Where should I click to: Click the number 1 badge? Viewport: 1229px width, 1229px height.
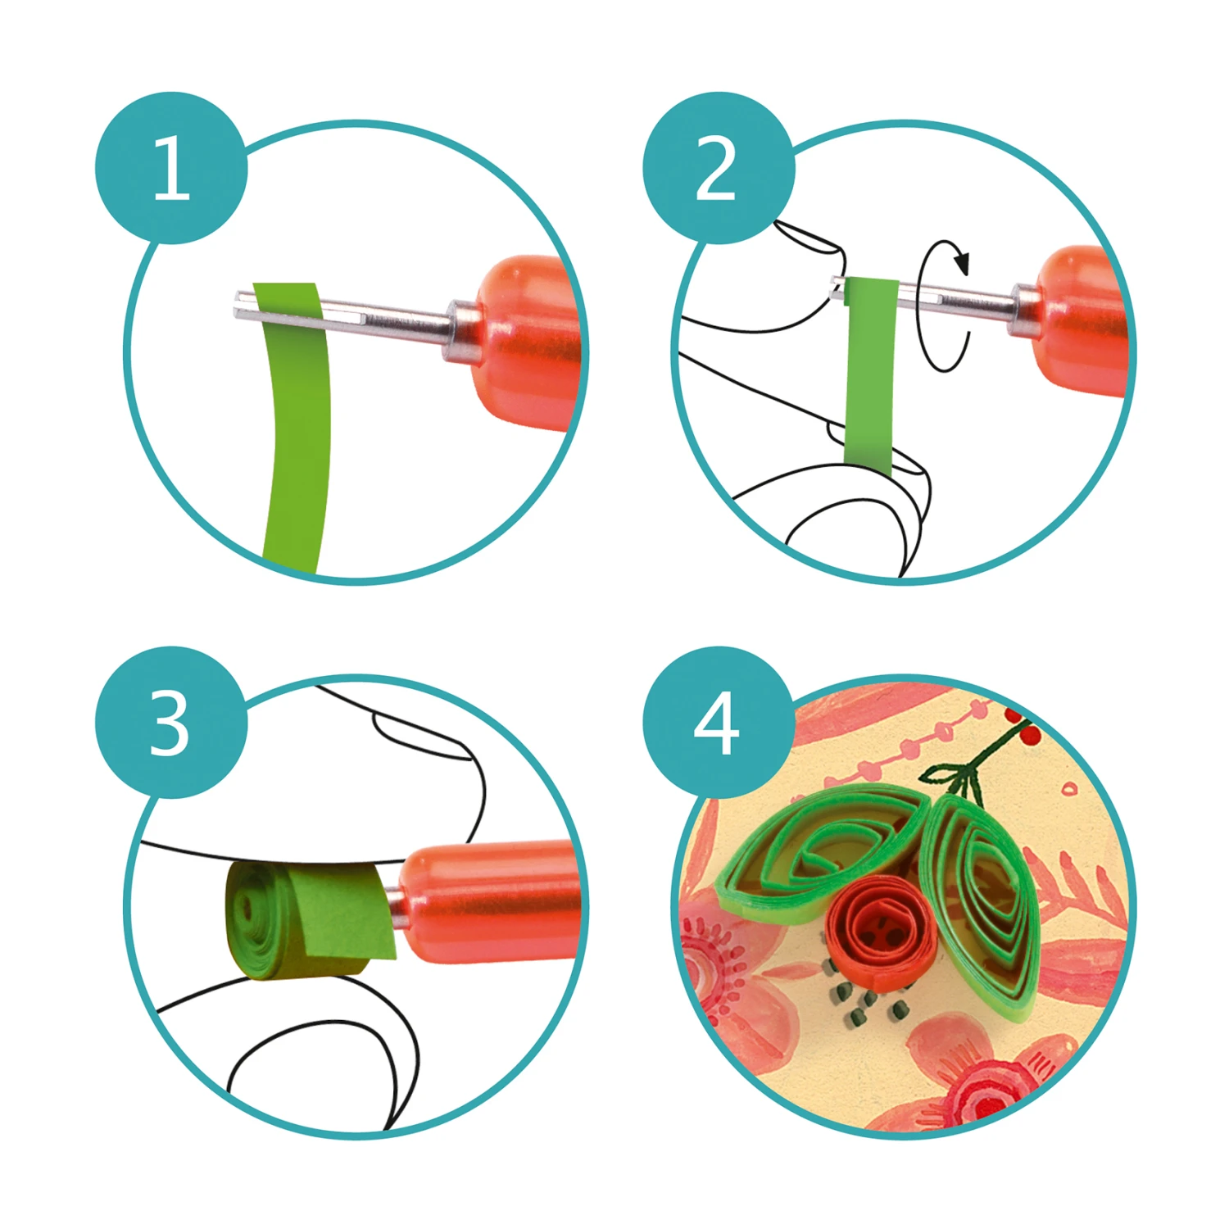pyautogui.click(x=171, y=168)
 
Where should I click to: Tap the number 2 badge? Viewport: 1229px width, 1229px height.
pyautogui.click(x=719, y=168)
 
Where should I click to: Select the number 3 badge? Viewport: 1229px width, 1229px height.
pyautogui.click(x=171, y=723)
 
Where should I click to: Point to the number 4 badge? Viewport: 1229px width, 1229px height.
pyautogui.click(x=719, y=723)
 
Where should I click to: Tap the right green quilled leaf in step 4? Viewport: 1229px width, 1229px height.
pyautogui.click(x=982, y=906)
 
